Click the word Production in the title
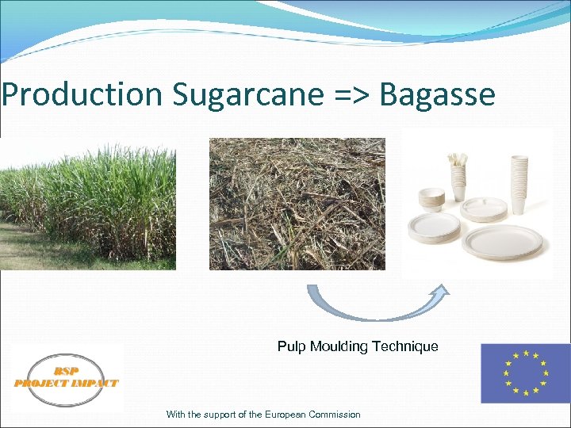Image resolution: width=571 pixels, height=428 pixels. point(81,94)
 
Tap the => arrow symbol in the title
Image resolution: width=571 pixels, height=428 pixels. point(350,94)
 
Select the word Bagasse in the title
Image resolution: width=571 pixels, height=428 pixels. point(437,94)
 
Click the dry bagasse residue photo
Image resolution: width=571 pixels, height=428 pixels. point(297,204)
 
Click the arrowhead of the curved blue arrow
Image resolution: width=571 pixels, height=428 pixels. point(439,292)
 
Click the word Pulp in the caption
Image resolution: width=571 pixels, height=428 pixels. point(290,346)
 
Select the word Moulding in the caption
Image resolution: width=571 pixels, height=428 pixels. point(336,346)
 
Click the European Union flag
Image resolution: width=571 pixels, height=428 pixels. point(525,373)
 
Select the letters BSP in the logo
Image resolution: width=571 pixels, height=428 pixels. point(67,370)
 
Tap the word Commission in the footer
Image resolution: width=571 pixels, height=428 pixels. point(333,415)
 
